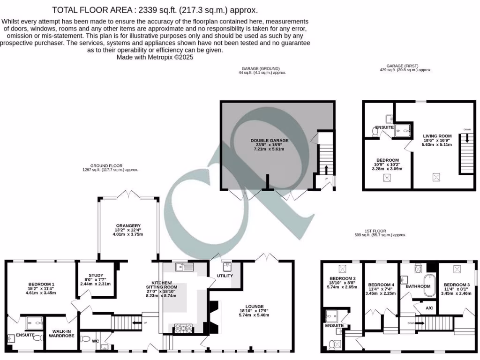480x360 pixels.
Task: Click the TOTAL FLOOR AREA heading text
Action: (x=155, y=10)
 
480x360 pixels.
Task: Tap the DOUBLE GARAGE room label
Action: (x=269, y=141)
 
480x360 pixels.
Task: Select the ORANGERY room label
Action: (x=128, y=226)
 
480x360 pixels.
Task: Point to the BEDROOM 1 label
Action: (x=41, y=285)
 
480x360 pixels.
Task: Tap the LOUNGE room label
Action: (x=254, y=307)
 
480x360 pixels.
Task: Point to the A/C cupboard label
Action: (x=429, y=308)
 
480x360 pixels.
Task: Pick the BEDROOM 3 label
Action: (x=457, y=285)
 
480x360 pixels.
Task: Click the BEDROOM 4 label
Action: (x=381, y=285)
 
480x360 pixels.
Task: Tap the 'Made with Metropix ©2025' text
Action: (x=155, y=57)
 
